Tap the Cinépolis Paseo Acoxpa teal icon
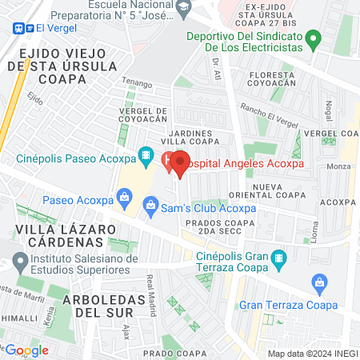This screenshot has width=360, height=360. (146, 155)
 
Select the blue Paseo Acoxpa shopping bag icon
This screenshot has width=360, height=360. (124, 196)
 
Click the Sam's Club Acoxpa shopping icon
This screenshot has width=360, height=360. (150, 206)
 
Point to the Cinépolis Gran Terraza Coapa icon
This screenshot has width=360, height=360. (278, 258)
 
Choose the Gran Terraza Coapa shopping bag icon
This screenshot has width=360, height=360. (320, 282)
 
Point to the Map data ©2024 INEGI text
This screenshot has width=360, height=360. (311, 354)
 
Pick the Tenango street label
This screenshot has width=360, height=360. (137, 81)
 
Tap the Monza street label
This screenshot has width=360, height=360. (339, 166)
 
